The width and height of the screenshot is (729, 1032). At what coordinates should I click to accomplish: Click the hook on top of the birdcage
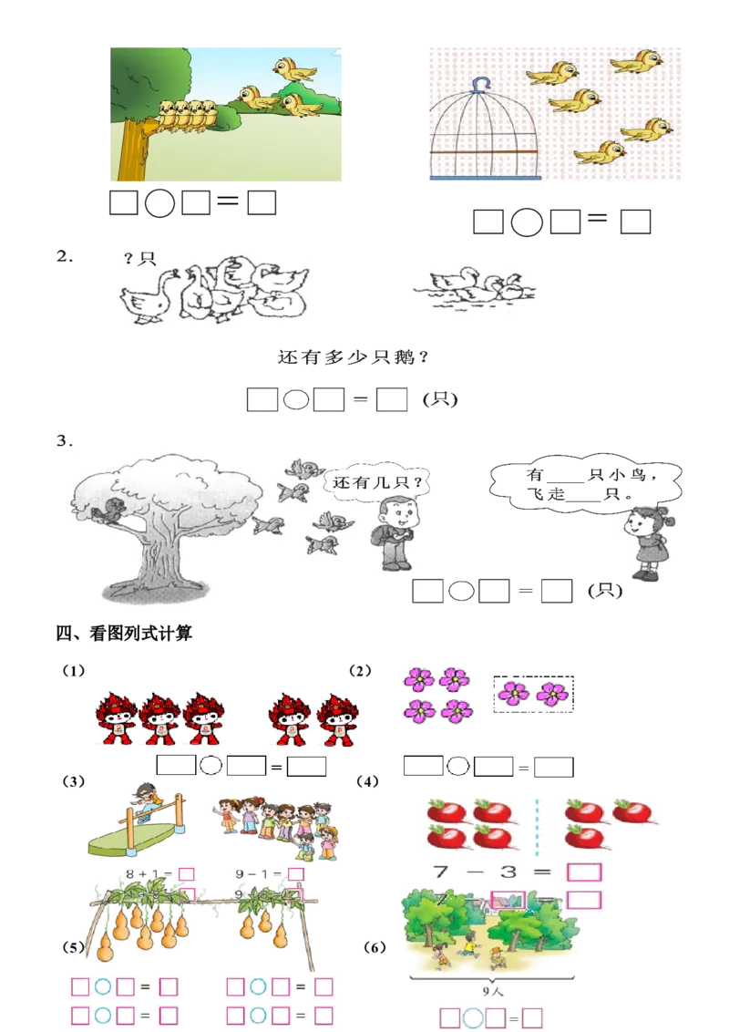[x=480, y=84]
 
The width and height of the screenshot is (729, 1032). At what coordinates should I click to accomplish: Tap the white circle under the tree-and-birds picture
[x=159, y=203]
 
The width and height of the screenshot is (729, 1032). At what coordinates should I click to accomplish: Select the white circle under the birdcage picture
[x=527, y=222]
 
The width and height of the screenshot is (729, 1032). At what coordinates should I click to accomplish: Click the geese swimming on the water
[x=476, y=289]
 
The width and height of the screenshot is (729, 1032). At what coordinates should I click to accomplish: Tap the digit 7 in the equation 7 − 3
[x=442, y=872]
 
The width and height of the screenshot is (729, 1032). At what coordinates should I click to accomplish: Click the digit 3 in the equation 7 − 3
[x=508, y=872]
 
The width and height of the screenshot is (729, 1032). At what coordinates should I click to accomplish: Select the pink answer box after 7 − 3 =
[x=584, y=872]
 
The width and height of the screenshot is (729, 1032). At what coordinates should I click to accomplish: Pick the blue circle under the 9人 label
[x=472, y=1017]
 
